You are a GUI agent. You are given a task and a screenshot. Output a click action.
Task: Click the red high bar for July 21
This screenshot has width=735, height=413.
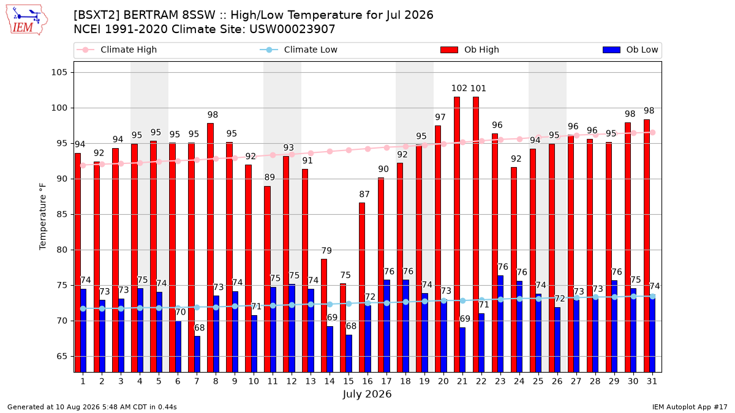(x=457, y=234)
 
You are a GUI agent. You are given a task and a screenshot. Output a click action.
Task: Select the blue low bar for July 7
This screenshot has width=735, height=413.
(x=197, y=354)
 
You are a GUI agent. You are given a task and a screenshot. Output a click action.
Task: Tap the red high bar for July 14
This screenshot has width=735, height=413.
(x=324, y=315)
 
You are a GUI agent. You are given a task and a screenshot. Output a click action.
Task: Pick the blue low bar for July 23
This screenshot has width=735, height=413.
(x=500, y=324)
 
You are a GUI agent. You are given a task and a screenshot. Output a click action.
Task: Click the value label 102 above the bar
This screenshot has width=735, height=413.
(x=459, y=88)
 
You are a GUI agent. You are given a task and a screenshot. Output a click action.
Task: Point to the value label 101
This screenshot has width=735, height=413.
(x=478, y=88)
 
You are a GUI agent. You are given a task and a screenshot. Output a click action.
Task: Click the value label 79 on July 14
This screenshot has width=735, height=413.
(x=326, y=251)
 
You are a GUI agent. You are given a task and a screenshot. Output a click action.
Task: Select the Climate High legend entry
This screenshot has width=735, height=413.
(x=117, y=50)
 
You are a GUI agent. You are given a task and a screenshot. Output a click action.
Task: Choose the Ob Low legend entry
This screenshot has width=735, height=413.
(x=630, y=50)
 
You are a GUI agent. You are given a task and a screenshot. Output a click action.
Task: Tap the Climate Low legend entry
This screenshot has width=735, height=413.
(x=299, y=50)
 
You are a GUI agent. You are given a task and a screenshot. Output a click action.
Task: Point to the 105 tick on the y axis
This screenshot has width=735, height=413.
(x=59, y=72)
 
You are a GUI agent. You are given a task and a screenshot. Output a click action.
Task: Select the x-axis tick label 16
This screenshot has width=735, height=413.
(x=367, y=381)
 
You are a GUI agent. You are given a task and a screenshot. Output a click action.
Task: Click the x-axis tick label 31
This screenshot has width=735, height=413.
(x=652, y=381)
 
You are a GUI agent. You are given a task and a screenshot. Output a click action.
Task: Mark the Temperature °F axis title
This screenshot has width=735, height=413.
(x=43, y=217)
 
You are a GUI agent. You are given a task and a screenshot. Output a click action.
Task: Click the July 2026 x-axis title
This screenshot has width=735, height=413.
(x=367, y=394)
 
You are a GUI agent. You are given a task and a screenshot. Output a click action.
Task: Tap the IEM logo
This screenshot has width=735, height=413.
(x=26, y=20)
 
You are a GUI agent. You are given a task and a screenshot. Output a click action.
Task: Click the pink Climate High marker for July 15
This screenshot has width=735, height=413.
(x=349, y=150)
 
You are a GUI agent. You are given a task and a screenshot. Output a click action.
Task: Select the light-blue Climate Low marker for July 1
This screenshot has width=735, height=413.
(x=83, y=309)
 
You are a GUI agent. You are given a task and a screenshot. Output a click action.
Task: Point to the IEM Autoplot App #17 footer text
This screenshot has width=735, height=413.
(x=690, y=407)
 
